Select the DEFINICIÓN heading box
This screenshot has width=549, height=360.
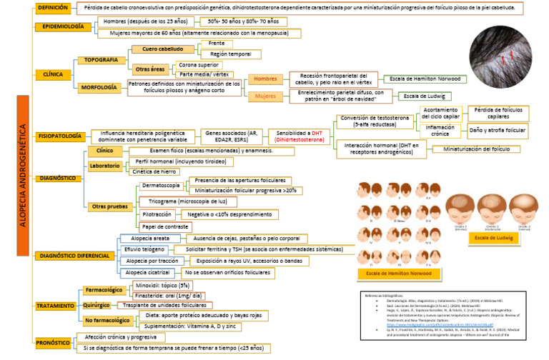(x=54, y=8)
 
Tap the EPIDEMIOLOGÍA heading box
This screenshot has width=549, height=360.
(x=63, y=27)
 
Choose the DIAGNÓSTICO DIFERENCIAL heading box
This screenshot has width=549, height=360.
(x=74, y=255)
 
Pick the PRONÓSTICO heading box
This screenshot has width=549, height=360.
(x=54, y=342)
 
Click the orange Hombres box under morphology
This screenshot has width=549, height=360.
(x=264, y=79)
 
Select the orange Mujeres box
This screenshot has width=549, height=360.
(x=264, y=96)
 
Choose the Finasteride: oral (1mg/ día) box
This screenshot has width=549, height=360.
(x=169, y=295)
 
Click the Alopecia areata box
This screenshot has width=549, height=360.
(x=150, y=238)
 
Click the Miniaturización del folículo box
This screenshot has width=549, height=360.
(x=481, y=149)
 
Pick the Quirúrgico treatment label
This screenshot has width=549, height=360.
(x=96, y=304)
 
